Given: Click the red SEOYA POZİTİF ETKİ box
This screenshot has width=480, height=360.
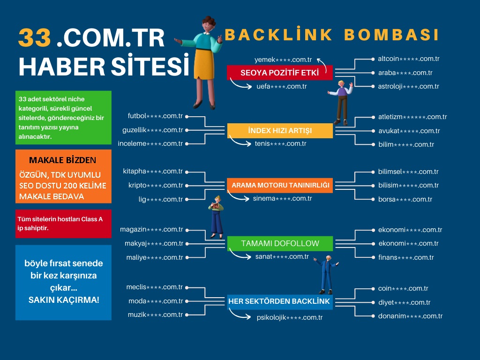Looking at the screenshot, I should point(279,73).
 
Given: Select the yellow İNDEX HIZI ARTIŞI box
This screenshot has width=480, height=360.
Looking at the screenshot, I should point(280,131).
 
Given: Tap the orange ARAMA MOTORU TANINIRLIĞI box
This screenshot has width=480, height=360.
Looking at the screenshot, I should point(280,185).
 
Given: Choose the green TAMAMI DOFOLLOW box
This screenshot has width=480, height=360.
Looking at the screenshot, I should point(280,243).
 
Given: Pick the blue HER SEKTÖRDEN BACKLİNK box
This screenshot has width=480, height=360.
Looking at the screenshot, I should point(279,301).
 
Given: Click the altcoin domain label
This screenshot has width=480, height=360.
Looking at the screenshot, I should point(408,59).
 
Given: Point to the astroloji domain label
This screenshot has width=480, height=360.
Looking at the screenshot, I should point(408,86).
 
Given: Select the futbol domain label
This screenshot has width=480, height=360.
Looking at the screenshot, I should point(155,116).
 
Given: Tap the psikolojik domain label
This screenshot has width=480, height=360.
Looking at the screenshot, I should point(290,317).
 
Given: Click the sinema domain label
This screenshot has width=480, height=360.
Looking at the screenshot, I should point(282,198).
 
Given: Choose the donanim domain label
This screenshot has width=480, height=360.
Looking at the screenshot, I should point(410,316).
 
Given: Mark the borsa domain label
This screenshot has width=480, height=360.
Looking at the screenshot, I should point(405,199).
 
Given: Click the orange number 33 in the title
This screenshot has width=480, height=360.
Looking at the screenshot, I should point(34,39).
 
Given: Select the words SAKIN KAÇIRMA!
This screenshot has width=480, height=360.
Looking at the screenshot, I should point(64,299).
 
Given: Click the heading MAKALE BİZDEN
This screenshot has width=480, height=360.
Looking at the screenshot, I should point(63,160).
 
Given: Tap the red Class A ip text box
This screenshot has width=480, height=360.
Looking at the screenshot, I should point(63,224).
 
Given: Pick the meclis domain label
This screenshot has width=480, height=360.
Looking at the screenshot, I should point(154,287).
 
